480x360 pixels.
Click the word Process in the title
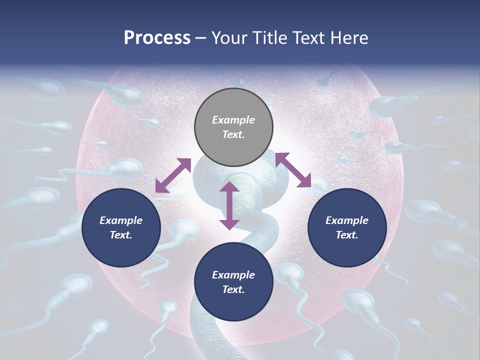pos(157,38)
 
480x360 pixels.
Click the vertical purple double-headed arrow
pos(229,205)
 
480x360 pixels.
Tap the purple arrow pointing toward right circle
pos(293,170)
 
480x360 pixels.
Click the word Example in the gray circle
pos(233,120)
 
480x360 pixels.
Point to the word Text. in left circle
pos(121,235)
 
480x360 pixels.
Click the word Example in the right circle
pos(347,220)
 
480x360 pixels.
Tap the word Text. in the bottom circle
pos(233,289)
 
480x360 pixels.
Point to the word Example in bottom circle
pos(233,275)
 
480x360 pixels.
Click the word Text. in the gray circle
pos(233,134)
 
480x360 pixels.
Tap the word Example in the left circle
pos(121,220)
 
